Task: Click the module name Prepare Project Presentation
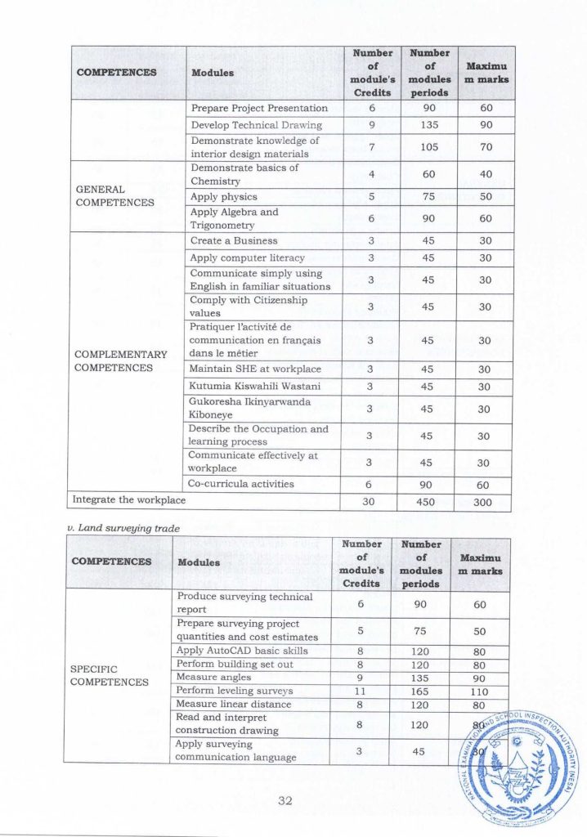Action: click(x=259, y=108)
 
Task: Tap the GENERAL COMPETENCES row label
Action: click(x=114, y=195)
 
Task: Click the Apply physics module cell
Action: click(x=223, y=197)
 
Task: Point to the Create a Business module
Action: click(x=234, y=241)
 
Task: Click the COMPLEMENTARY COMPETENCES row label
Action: click(x=120, y=361)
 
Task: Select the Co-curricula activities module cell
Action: click(x=241, y=484)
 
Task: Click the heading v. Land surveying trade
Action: click(x=120, y=528)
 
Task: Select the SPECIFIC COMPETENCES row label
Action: click(x=110, y=674)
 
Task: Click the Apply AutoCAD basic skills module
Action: click(x=242, y=651)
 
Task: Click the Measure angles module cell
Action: click(x=207, y=677)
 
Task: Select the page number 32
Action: click(x=285, y=800)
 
